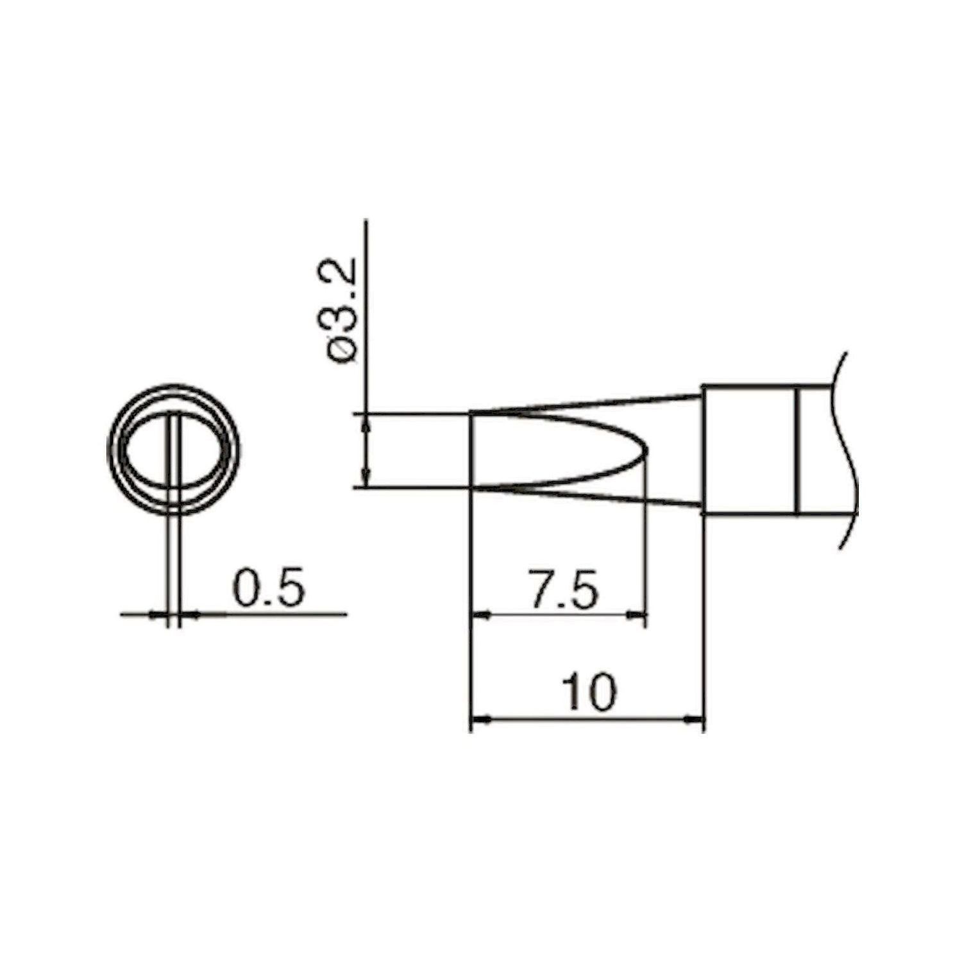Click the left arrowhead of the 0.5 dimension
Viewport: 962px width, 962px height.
coord(158,615)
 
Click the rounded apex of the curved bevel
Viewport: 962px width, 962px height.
coord(646,451)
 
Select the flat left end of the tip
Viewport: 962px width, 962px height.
coord(471,451)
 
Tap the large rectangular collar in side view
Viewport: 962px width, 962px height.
coord(748,450)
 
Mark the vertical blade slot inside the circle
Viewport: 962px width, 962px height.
coord(174,449)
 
